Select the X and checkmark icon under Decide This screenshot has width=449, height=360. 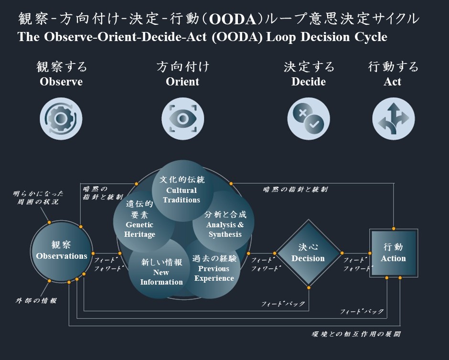308,117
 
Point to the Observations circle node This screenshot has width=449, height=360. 62,251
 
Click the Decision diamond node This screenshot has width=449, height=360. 308,254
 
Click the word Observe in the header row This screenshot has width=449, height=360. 61,82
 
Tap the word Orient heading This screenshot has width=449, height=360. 182,82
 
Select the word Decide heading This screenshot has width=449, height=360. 309,82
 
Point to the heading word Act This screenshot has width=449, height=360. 393,82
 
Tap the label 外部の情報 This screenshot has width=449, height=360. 36,301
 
